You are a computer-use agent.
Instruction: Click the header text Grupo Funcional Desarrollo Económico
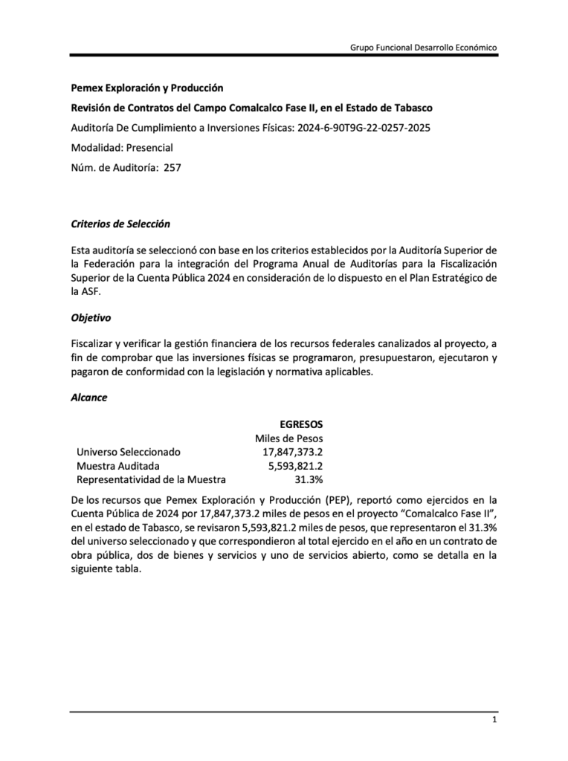424,47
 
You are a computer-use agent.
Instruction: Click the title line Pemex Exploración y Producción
146,88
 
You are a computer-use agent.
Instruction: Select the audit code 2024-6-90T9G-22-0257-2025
364,127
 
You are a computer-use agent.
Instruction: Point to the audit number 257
172,167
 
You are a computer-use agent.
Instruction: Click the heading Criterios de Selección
120,224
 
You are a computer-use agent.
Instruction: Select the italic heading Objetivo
91,317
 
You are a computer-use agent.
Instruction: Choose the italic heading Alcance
88,397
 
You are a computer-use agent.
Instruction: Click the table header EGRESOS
301,424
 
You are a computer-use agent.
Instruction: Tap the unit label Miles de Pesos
288,438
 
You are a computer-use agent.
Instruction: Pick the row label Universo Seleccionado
128,452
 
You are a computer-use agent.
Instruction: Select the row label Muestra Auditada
117,466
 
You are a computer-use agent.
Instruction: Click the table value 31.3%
309,479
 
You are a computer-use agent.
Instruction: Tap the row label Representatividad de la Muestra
151,479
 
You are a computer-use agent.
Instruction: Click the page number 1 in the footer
494,722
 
